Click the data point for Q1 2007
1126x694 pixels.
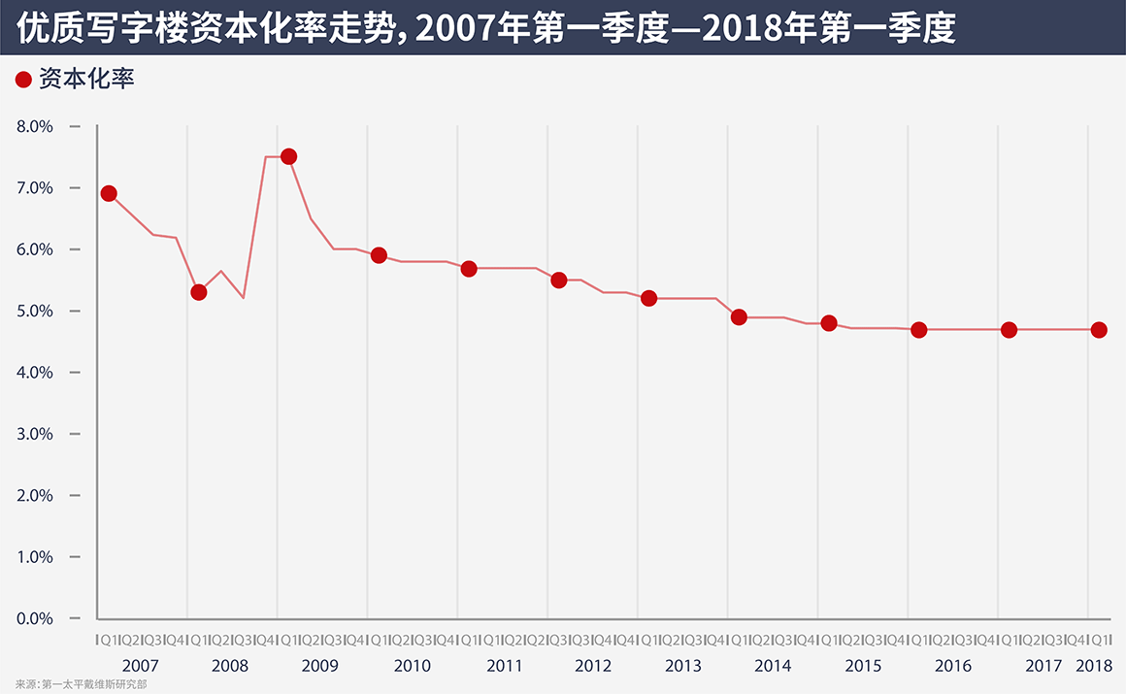tap(109, 193)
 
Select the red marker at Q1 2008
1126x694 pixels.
tap(199, 292)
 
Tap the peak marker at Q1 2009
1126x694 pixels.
tap(288, 156)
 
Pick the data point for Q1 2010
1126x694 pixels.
tap(380, 255)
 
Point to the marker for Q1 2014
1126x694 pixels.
tap(739, 316)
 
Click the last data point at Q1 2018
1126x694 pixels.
tap(1099, 330)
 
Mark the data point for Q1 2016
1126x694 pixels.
tap(919, 330)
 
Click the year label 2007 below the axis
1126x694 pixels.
tap(141, 666)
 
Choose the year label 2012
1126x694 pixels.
tap(593, 666)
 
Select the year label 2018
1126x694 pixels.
tap(1094, 666)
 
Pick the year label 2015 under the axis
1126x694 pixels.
tap(863, 666)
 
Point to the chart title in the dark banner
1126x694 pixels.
tap(486, 28)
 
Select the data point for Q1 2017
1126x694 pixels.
tap(1010, 330)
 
